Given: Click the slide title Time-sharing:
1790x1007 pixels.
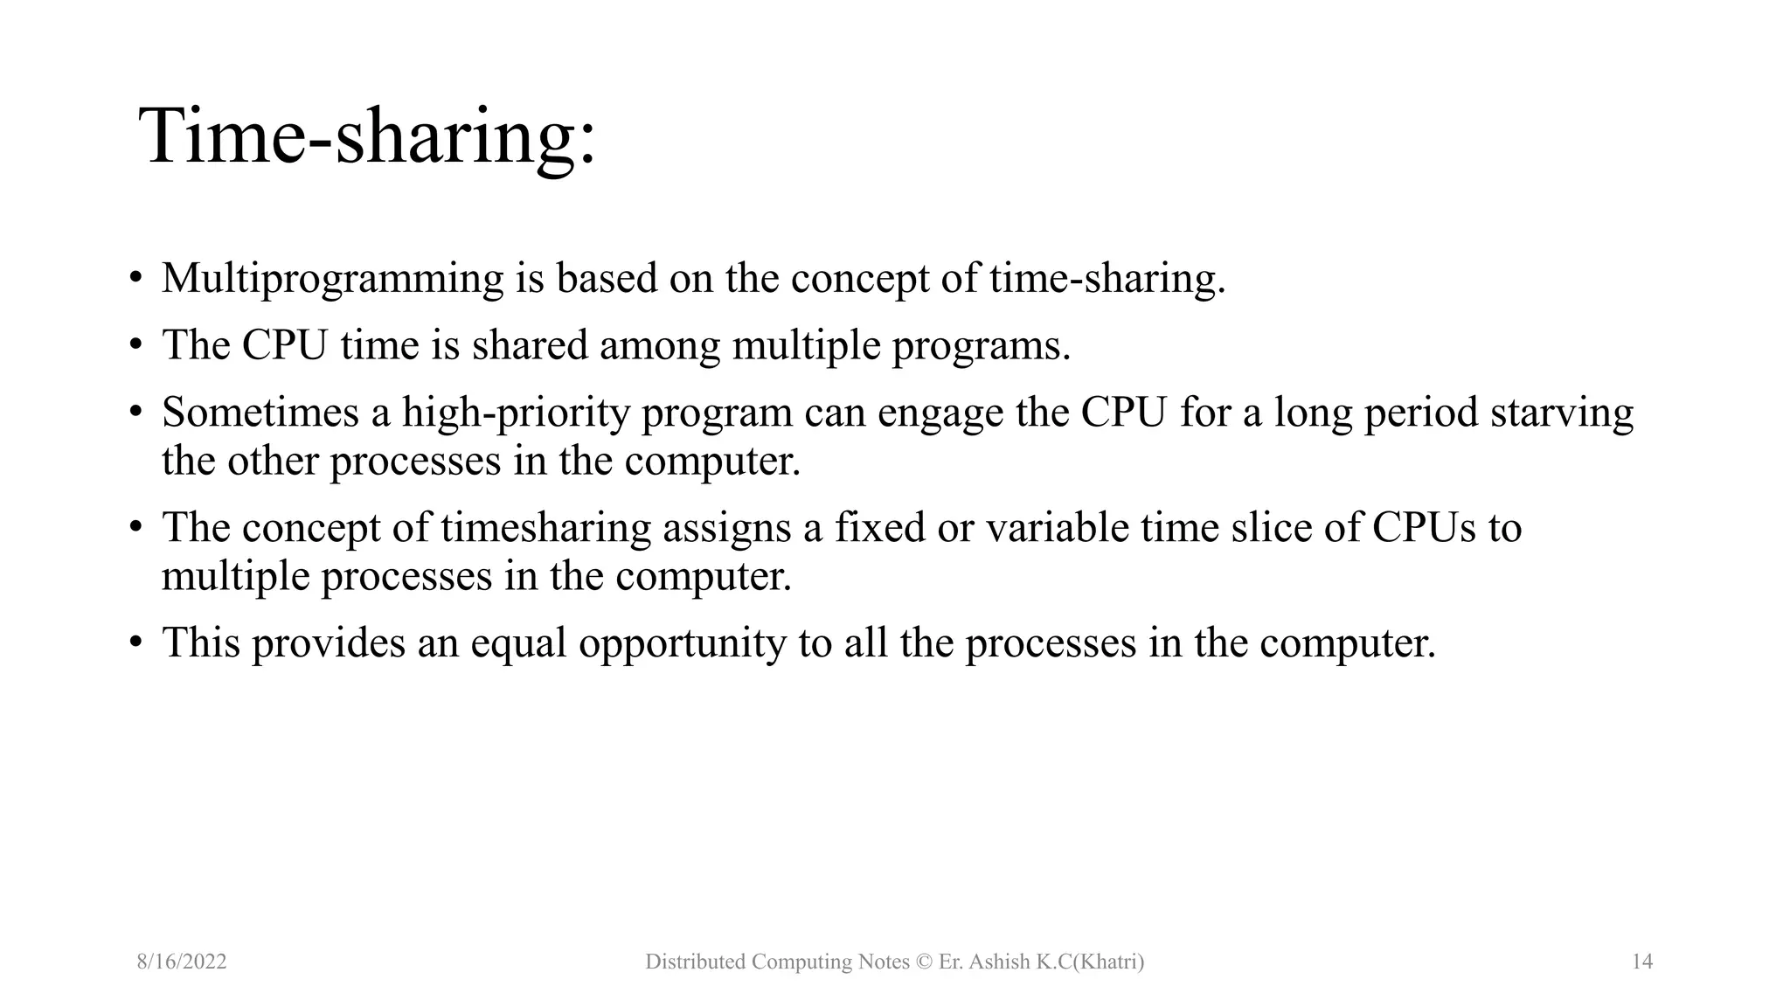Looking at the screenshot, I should tap(367, 136).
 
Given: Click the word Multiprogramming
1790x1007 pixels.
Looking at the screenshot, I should tap(333, 279).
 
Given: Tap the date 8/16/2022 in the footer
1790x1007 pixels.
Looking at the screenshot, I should tap(182, 962).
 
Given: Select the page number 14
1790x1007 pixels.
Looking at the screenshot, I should tap(1642, 962).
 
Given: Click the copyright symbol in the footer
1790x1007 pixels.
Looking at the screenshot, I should tap(924, 962).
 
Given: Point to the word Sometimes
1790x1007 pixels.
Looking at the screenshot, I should tap(260, 413).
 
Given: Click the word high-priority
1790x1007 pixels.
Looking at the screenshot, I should tap(516, 413).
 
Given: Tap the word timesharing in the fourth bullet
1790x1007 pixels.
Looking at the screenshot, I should tap(545, 528).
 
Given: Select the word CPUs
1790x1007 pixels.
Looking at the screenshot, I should tap(1423, 528).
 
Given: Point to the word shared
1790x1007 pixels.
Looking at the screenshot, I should tap(530, 345).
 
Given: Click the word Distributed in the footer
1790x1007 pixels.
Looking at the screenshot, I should tap(695, 962).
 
